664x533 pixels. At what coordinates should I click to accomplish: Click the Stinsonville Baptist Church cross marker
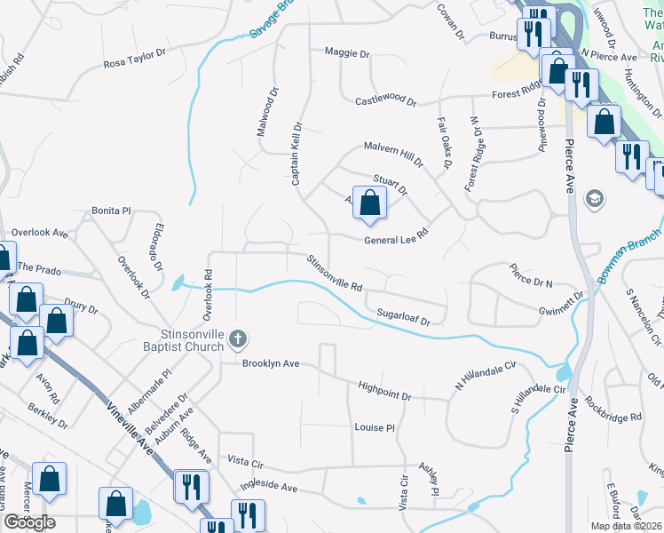point(237,338)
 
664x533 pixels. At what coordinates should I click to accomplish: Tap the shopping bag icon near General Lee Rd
point(369,201)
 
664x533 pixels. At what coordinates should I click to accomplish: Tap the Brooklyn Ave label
point(272,363)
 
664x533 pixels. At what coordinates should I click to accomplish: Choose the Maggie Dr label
point(347,53)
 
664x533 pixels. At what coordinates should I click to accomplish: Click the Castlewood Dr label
point(385,101)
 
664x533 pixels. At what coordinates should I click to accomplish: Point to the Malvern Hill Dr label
point(393,153)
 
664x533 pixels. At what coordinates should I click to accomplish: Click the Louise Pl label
point(374,427)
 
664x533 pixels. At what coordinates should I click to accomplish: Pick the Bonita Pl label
point(111,211)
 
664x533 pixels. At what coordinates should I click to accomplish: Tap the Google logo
point(29,522)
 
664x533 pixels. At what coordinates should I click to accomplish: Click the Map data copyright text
point(626,526)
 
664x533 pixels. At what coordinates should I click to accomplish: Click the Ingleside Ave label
point(269,486)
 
